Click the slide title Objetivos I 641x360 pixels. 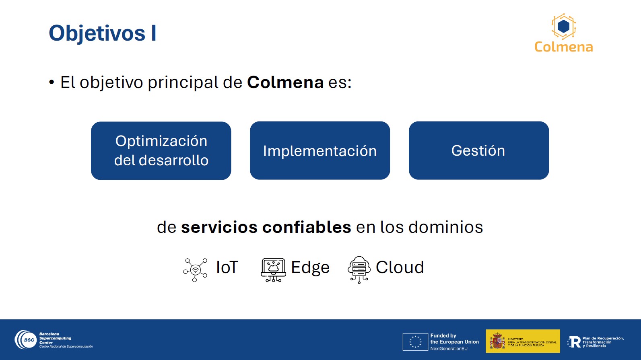pyautogui.click(x=103, y=33)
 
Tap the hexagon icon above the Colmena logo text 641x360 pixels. pyautogui.click(x=563, y=27)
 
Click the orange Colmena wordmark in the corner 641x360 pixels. pyautogui.click(x=563, y=47)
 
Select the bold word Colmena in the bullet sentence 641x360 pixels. pyautogui.click(x=285, y=82)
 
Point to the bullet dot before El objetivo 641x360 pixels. pyautogui.click(x=52, y=82)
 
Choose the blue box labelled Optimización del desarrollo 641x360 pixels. pyautogui.click(x=161, y=151)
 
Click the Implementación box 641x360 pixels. pyautogui.click(x=320, y=150)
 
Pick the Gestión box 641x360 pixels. pyautogui.click(x=479, y=150)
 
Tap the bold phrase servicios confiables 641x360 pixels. pyautogui.click(x=266, y=227)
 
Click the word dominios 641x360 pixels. pyautogui.click(x=445, y=227)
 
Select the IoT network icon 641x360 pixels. pyautogui.click(x=195, y=270)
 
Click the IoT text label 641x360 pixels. pyautogui.click(x=227, y=267)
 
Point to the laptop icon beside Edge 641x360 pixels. pyautogui.click(x=273, y=270)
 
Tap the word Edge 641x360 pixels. pyautogui.click(x=310, y=268)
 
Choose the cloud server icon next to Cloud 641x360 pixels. pyautogui.click(x=359, y=269)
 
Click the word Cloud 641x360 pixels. pyautogui.click(x=400, y=267)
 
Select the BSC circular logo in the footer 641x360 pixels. pyautogui.click(x=25, y=340)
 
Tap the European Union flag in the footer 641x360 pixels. pyautogui.click(x=415, y=342)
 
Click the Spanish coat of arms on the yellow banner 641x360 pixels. pyautogui.click(x=497, y=341)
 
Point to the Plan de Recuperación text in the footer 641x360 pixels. pyautogui.click(x=603, y=342)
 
